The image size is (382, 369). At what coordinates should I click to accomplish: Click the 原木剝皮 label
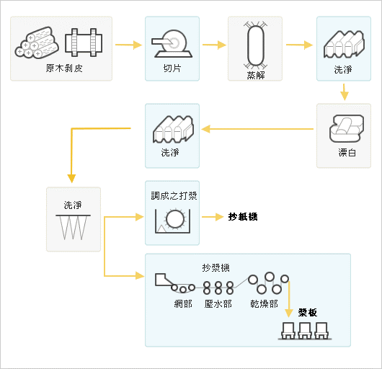pyautogui.click(x=64, y=68)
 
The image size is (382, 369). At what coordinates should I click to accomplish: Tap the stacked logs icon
pyautogui.click(x=37, y=43)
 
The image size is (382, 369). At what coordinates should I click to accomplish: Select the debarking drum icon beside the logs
pyautogui.click(x=84, y=43)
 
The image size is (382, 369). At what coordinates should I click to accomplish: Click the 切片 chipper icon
pyautogui.click(x=172, y=44)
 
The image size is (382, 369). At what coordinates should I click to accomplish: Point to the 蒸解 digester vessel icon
pyautogui.click(x=255, y=45)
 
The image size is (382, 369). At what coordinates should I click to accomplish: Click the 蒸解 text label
pyautogui.click(x=256, y=75)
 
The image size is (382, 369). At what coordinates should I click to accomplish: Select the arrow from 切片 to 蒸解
pyautogui.click(x=214, y=45)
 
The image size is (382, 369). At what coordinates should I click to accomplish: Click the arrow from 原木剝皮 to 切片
pyautogui.click(x=128, y=45)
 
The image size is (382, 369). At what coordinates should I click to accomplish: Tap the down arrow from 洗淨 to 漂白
pyautogui.click(x=344, y=92)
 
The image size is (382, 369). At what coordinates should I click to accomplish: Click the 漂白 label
pyautogui.click(x=347, y=153)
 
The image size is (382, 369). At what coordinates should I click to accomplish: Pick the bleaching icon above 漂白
pyautogui.click(x=347, y=128)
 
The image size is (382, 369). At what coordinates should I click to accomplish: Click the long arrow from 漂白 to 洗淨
pyautogui.click(x=257, y=129)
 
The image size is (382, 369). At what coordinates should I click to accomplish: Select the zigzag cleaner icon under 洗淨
pyautogui.click(x=73, y=227)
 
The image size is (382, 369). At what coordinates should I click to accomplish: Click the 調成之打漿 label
pyautogui.click(x=174, y=195)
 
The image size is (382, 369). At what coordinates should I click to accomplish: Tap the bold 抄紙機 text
pyautogui.click(x=243, y=216)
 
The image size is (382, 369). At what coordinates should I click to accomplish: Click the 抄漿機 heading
pyautogui.click(x=216, y=267)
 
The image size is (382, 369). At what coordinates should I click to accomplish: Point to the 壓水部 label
pyautogui.click(x=218, y=303)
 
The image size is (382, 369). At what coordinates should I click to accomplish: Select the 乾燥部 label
pyautogui.click(x=264, y=303)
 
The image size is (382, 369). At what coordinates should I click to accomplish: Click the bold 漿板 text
pyautogui.click(x=308, y=312)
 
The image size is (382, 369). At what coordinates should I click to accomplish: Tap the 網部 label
pyautogui.click(x=183, y=303)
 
